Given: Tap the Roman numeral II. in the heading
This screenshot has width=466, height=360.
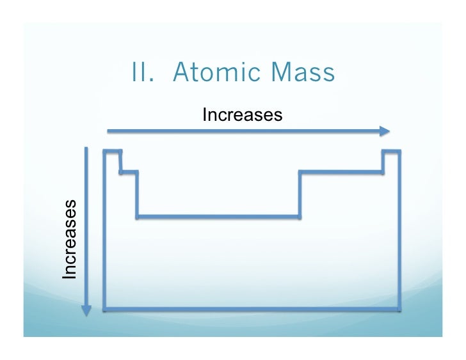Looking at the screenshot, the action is click(x=145, y=74).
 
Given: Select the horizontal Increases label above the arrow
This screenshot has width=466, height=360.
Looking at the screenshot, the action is click(x=242, y=115).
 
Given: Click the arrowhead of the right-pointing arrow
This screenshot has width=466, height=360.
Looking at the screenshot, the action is click(x=384, y=131).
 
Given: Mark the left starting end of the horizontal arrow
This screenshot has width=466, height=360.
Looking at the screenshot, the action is click(x=109, y=131).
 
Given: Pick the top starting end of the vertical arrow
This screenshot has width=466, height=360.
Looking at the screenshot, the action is click(x=86, y=149).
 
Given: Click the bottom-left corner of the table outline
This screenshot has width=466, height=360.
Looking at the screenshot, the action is click(x=104, y=311).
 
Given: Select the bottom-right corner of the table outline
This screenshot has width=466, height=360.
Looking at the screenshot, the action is click(x=399, y=311).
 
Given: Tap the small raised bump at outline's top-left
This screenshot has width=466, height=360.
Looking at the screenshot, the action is click(x=112, y=151).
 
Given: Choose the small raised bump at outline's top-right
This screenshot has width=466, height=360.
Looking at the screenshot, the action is click(x=391, y=151).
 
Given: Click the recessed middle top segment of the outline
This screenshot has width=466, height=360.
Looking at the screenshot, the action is click(x=218, y=217).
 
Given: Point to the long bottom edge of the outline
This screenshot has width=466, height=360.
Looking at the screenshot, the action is click(x=252, y=311).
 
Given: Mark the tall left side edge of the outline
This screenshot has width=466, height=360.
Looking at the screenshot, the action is click(x=104, y=230).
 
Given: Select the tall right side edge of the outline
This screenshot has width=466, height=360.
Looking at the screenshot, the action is click(x=399, y=230).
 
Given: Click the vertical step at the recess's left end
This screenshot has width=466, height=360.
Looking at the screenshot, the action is click(x=137, y=194).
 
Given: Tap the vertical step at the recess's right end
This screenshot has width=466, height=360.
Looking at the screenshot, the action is click(x=300, y=194).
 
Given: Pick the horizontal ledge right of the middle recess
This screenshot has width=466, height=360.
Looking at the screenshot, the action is click(x=341, y=171).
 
